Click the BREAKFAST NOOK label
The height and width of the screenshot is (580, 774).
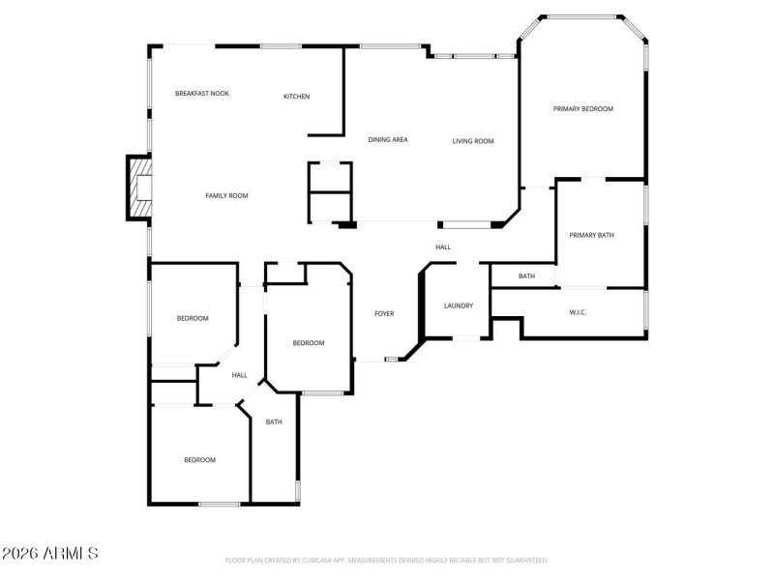point(201,94)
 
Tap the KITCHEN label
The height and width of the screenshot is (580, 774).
point(296,97)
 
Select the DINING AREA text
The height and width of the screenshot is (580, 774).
point(387,140)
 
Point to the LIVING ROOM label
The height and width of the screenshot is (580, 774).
point(473,141)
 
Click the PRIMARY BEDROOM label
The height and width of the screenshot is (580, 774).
point(582,109)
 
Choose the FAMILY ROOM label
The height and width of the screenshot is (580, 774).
point(226,196)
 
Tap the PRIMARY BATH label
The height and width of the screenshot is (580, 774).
point(591,235)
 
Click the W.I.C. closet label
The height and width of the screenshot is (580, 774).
point(579,312)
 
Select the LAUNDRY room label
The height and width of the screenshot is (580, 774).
point(459,306)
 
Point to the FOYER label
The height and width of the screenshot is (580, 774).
point(384,313)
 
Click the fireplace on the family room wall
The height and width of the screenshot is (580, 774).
point(140,187)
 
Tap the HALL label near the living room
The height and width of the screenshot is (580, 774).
point(443,247)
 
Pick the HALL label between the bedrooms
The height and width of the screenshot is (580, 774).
point(239,375)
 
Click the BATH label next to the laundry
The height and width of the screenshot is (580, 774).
point(526,276)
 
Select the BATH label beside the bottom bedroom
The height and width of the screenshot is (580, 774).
point(274,421)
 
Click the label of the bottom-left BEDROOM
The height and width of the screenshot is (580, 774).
point(199,460)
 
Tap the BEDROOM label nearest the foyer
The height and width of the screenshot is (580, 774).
point(308,343)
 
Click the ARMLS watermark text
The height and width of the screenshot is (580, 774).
point(49,554)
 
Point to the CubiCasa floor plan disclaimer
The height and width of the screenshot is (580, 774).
point(386,560)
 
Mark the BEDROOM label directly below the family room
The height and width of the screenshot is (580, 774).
point(192,318)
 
